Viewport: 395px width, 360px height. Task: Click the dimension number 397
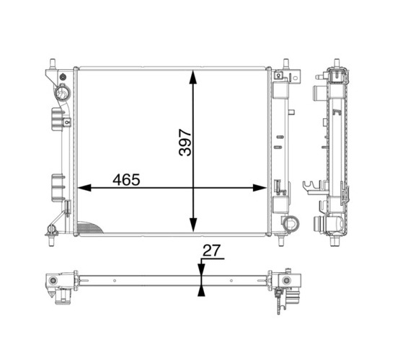tap(185, 143)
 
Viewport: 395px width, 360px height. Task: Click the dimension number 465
tap(126, 180)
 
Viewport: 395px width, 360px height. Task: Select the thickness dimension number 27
tap(212, 251)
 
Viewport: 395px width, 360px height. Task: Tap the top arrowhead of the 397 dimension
tap(193, 77)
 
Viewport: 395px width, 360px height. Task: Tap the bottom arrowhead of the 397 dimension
tap(193, 225)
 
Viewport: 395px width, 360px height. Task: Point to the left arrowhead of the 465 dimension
tap(84, 188)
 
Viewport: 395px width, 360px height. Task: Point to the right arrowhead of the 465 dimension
tap(259, 188)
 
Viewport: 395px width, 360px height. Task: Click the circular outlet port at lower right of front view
tap(290, 223)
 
